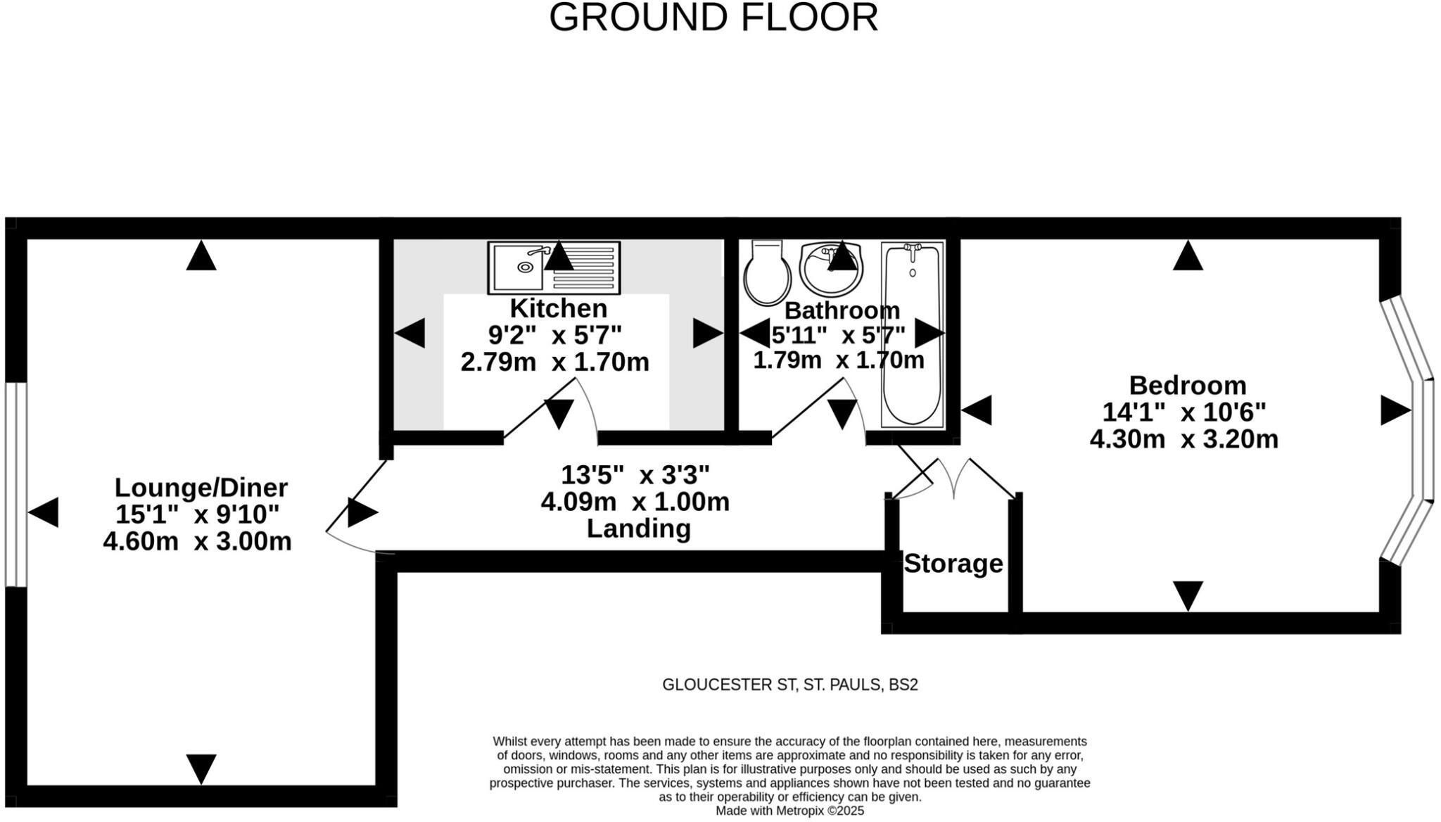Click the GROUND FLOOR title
[713, 18]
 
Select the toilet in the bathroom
[766, 273]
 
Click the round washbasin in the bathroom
[831, 270]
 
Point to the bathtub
[912, 335]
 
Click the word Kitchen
[558, 308]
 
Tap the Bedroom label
[1187, 385]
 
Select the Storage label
[953, 564]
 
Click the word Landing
[638, 529]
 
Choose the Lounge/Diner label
[201, 487]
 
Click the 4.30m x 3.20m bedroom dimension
[1183, 439]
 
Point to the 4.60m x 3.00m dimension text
[197, 541]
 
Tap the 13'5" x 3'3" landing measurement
[635, 475]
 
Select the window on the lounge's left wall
[15, 484]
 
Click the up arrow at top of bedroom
[1188, 256]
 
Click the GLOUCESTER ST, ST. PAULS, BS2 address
[789, 685]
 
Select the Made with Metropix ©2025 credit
[789, 811]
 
